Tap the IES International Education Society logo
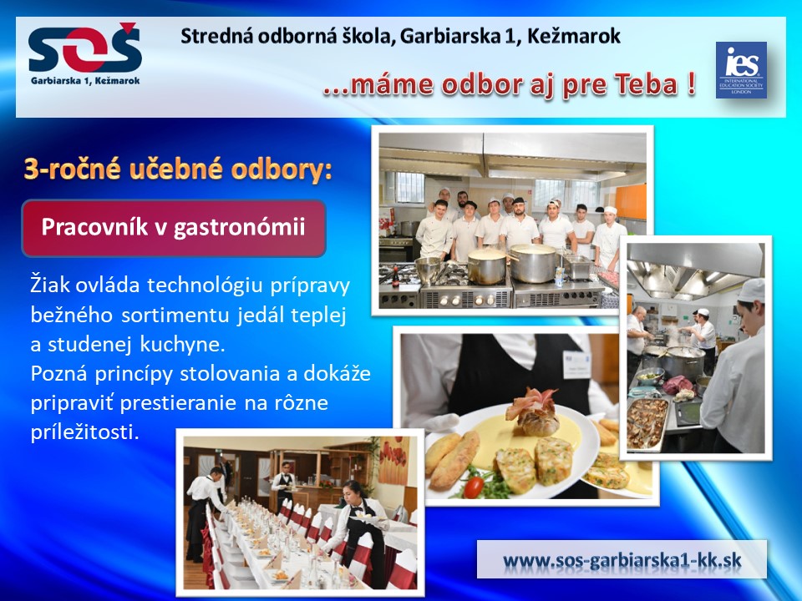(741, 70)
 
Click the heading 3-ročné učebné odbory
(178, 170)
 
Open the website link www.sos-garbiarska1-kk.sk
(622, 559)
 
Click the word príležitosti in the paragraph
(85, 432)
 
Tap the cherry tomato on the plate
(473, 487)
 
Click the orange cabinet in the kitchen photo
(630, 201)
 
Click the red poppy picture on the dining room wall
(393, 461)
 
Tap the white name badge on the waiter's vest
(576, 364)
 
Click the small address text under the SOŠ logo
(85, 81)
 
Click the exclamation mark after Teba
(691, 83)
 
